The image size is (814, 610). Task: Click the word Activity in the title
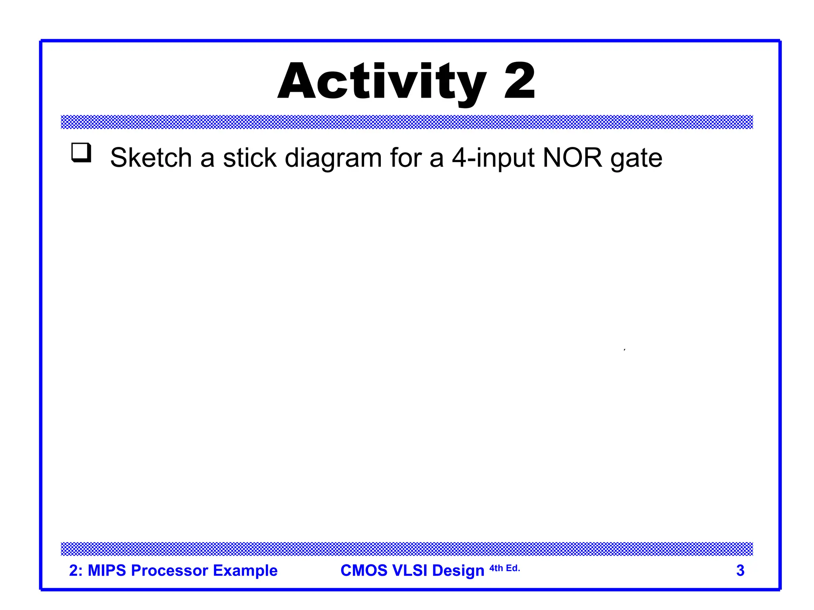382,82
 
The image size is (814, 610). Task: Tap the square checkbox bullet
81,152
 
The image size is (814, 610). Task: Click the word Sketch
151,158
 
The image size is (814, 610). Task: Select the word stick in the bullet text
249,158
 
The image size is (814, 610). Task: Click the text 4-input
493,158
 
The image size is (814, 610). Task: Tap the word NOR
572,158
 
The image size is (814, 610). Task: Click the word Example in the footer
245,570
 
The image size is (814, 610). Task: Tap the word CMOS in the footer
364,570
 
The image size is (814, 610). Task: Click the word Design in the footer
458,571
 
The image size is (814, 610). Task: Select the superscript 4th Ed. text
504,568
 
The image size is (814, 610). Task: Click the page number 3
740,570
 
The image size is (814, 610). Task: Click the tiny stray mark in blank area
624,349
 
